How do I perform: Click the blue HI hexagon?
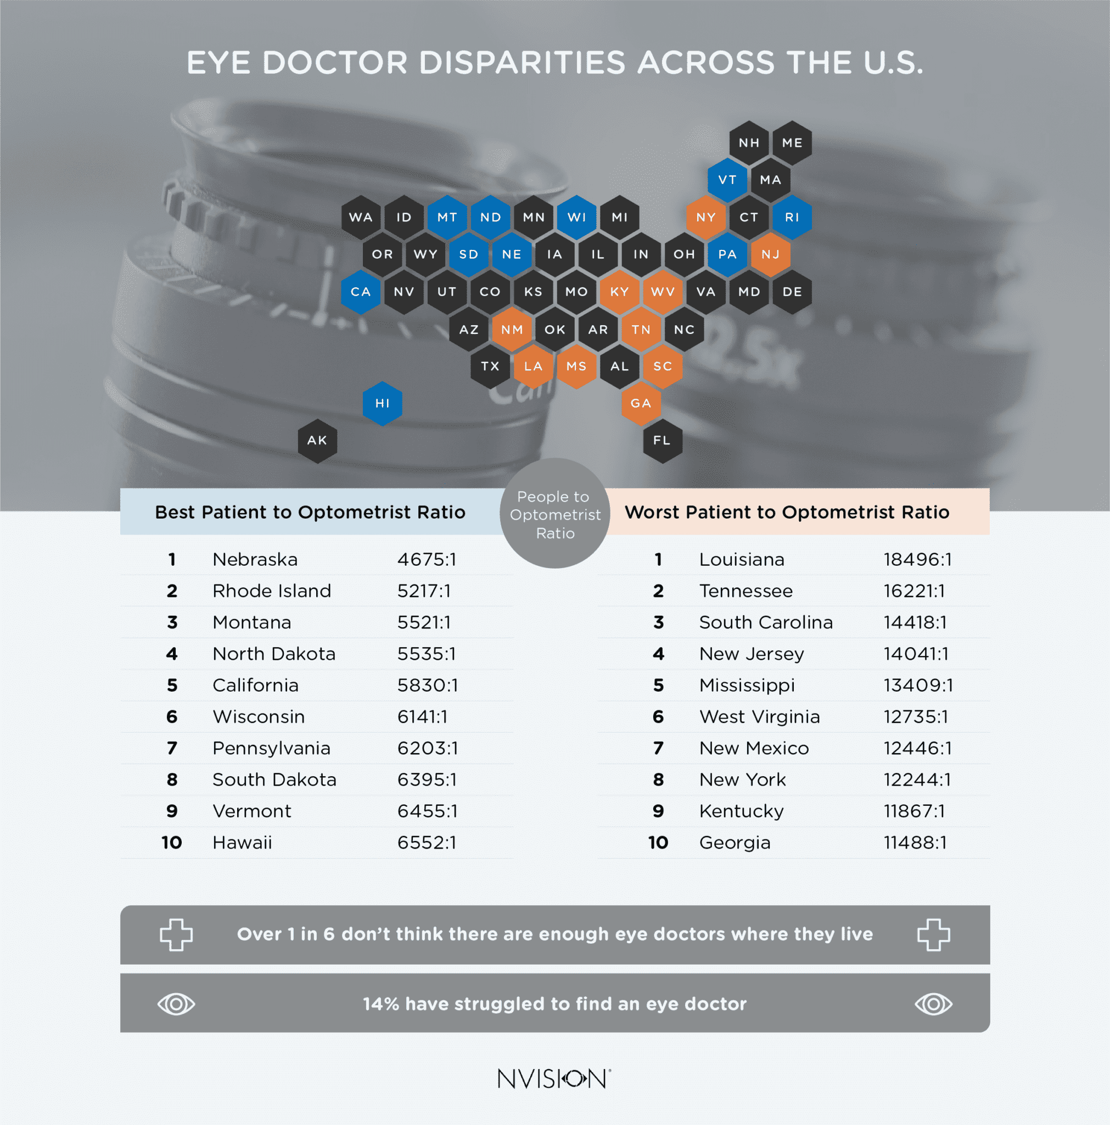(382, 404)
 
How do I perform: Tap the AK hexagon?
(317, 441)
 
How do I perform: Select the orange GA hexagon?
(640, 404)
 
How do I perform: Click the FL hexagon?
(662, 441)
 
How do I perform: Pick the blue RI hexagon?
(792, 217)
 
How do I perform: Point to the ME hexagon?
(792, 143)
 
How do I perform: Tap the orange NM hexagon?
(512, 330)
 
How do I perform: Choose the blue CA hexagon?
(360, 292)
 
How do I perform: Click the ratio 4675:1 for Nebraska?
(427, 560)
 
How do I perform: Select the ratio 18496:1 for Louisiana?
(917, 560)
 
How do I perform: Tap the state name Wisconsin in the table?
(259, 717)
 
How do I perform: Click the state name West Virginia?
(759, 717)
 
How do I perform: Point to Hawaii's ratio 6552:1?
(427, 843)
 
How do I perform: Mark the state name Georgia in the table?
(735, 843)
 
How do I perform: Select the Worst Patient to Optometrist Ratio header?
(787, 513)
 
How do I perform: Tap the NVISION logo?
(554, 1079)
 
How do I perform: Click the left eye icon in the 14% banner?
(176, 1005)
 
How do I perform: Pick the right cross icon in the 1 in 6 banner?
(933, 934)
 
